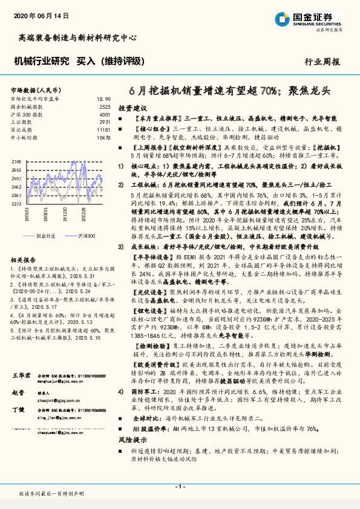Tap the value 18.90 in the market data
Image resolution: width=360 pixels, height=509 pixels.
click(x=103, y=98)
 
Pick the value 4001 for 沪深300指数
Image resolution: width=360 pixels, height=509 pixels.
click(x=105, y=114)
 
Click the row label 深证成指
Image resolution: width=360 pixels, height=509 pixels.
click(x=22, y=129)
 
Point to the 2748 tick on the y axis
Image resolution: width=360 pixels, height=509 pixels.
click(x=17, y=162)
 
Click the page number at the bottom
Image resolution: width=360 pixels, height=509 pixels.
click(x=180, y=487)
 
